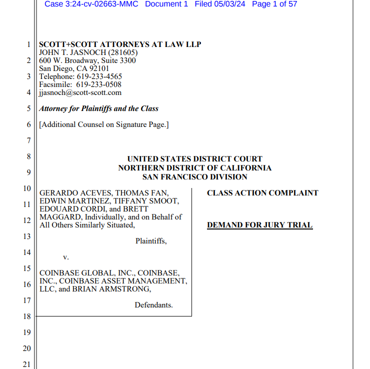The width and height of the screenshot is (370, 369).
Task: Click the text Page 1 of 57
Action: [x=274, y=4]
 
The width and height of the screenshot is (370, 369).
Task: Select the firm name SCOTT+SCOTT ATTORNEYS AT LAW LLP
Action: [x=120, y=44]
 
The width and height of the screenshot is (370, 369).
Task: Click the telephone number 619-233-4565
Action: [x=99, y=76]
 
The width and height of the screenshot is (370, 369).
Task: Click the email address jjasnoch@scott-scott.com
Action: [x=80, y=92]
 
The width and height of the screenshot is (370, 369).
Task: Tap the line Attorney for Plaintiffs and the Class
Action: [x=98, y=108]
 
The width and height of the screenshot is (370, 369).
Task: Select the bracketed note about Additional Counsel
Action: [x=104, y=124]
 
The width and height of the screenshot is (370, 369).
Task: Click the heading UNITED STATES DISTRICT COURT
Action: [x=194, y=159]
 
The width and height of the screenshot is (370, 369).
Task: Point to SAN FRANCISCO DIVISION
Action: [x=194, y=176]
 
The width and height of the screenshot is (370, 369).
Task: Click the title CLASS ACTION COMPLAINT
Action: [x=262, y=193]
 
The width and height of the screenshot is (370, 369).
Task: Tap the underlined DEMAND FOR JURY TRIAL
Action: [x=259, y=225]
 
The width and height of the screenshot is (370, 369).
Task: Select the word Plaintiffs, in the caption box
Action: [x=151, y=241]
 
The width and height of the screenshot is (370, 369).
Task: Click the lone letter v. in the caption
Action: [x=65, y=257]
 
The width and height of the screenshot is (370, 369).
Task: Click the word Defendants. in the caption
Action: [x=153, y=305]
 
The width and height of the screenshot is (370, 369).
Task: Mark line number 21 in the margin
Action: [x=27, y=364]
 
